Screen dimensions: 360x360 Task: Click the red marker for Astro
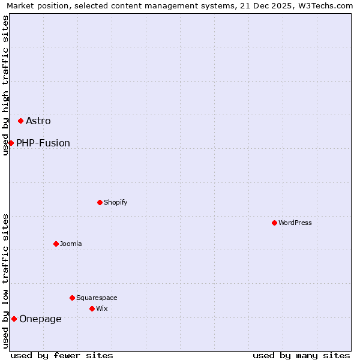point(20,121)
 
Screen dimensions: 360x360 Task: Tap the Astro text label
point(38,121)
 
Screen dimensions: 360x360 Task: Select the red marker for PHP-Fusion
point(11,143)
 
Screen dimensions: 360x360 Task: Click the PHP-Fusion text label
point(43,143)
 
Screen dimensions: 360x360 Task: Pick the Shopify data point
point(100,202)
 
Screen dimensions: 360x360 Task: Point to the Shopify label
point(116,203)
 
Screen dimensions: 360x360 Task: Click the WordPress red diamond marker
point(274,223)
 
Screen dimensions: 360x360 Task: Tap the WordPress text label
point(295,223)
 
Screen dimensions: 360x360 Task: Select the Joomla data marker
point(56,244)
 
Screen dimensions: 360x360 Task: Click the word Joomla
point(71,244)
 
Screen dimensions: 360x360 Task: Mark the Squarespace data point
point(72,298)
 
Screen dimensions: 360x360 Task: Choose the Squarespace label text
point(97,298)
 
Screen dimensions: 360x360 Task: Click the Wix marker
point(92,308)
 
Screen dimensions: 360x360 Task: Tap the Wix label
point(102,309)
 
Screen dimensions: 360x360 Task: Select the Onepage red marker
point(14,319)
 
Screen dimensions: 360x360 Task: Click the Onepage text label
point(40,319)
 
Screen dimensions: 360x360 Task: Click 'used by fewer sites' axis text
point(62,355)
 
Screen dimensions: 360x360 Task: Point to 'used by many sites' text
point(301,355)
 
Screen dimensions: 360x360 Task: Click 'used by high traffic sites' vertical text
point(6,85)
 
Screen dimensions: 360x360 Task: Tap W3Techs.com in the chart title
point(328,5)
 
